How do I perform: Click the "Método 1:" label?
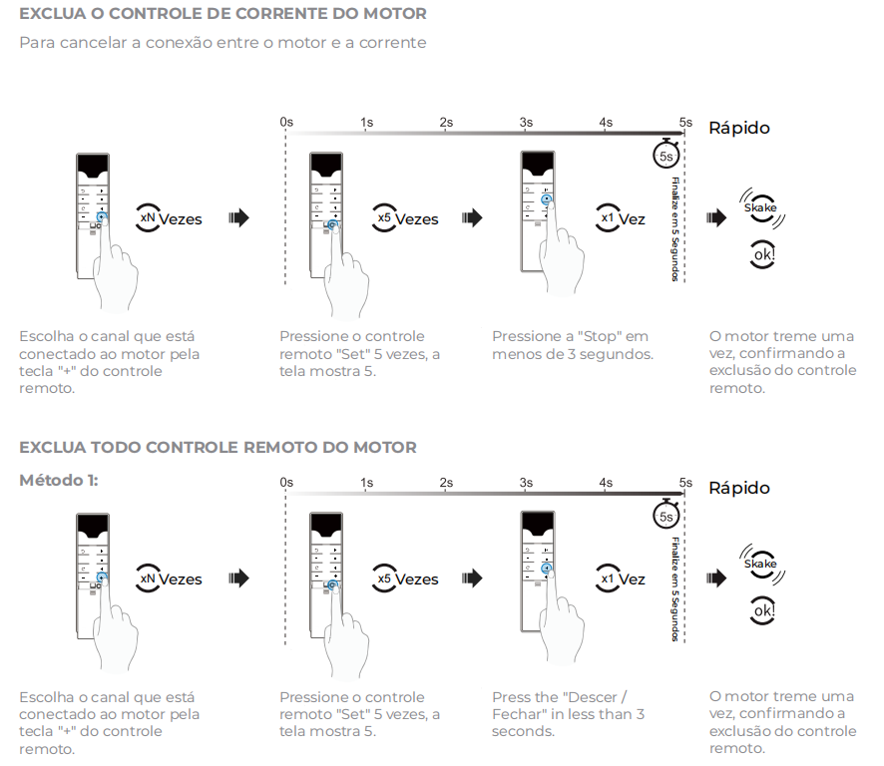tap(59, 480)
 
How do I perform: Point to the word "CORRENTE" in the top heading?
tap(280, 14)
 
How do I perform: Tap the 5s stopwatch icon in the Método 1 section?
tap(665, 516)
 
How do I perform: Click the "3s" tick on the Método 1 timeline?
tap(526, 483)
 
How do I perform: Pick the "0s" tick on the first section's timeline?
tap(286, 122)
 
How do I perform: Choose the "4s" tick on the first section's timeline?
tap(606, 122)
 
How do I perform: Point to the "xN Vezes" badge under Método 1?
tap(169, 578)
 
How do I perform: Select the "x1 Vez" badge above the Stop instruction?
tap(621, 218)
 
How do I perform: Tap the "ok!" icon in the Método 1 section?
tap(763, 610)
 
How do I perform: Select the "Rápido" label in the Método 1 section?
tap(739, 488)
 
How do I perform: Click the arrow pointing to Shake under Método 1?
tap(715, 578)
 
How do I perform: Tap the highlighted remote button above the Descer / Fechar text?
tap(547, 568)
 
